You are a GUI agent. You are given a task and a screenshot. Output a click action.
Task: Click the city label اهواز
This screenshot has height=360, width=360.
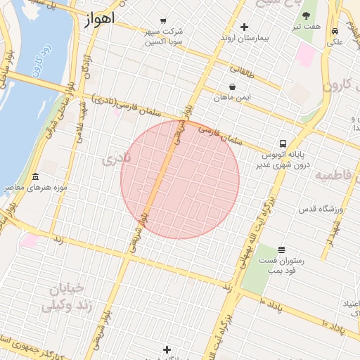pyautogui.click(x=98, y=19)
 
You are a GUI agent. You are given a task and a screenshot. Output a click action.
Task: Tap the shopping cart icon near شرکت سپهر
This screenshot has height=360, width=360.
pyautogui.click(x=164, y=20)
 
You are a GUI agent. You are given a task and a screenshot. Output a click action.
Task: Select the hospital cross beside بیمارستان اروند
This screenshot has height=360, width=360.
pyautogui.click(x=244, y=27)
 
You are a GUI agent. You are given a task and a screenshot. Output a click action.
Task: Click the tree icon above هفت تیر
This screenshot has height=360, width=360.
pyautogui.click(x=307, y=15)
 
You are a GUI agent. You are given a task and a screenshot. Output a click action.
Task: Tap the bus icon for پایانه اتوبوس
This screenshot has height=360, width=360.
pyautogui.click(x=283, y=142)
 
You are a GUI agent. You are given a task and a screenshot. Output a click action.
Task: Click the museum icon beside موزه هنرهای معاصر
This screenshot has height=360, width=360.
pyautogui.click(x=36, y=176)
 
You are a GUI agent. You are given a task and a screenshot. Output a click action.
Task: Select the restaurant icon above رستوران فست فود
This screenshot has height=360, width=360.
pyautogui.click(x=281, y=250)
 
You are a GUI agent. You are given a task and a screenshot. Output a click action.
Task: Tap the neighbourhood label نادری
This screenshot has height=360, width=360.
pyautogui.click(x=117, y=159)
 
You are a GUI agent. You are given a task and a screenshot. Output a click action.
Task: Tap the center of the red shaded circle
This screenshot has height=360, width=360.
pyautogui.click(x=180, y=179)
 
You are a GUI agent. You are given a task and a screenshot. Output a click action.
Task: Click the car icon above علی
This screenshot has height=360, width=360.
pyautogui.click(x=335, y=31)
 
